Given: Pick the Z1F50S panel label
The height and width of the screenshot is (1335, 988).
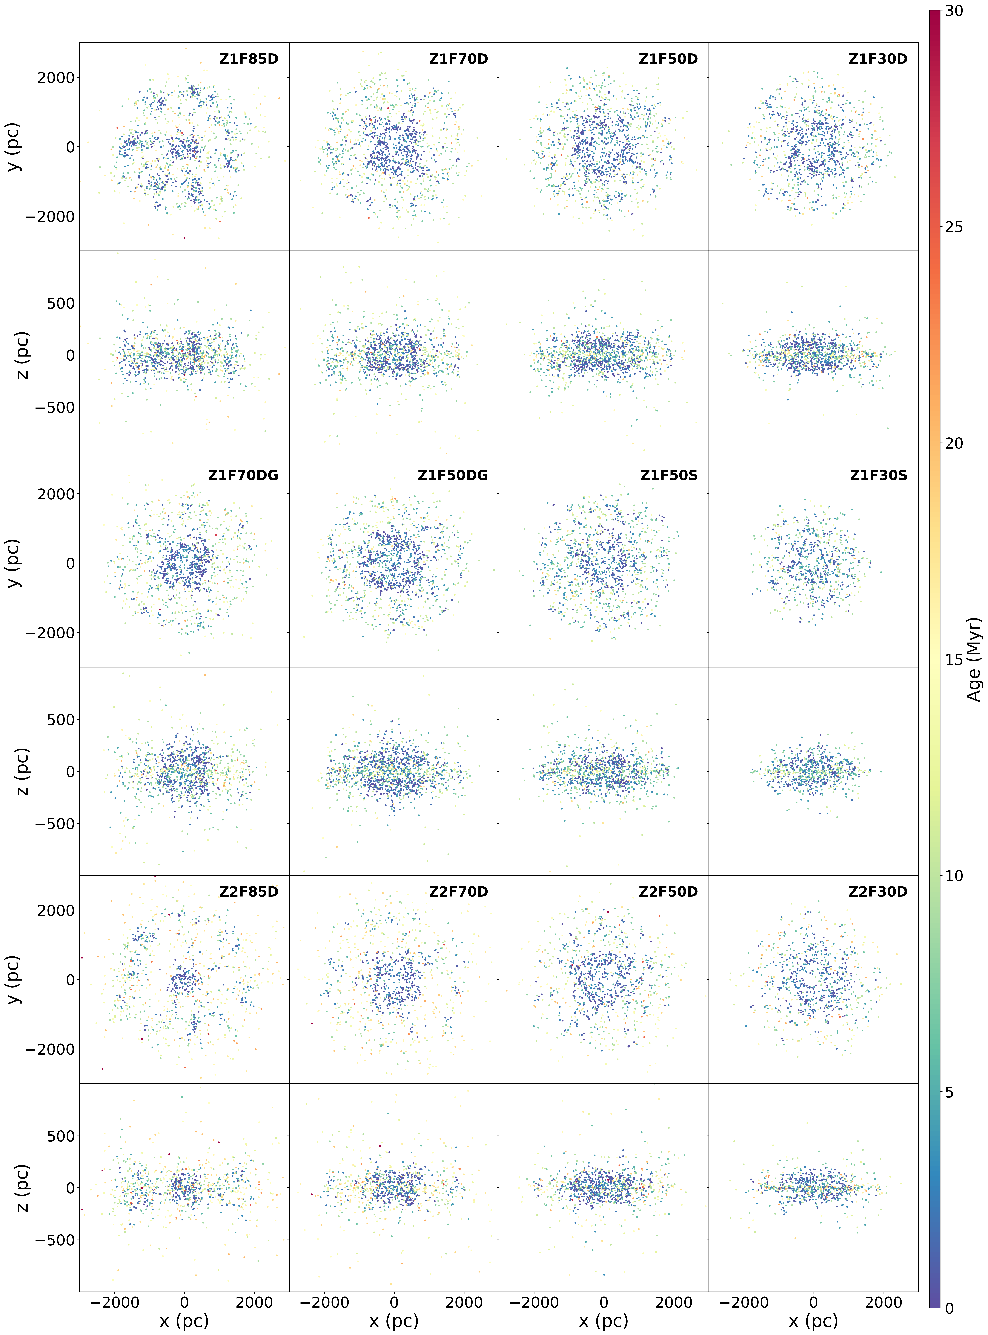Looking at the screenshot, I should click(x=669, y=476).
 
